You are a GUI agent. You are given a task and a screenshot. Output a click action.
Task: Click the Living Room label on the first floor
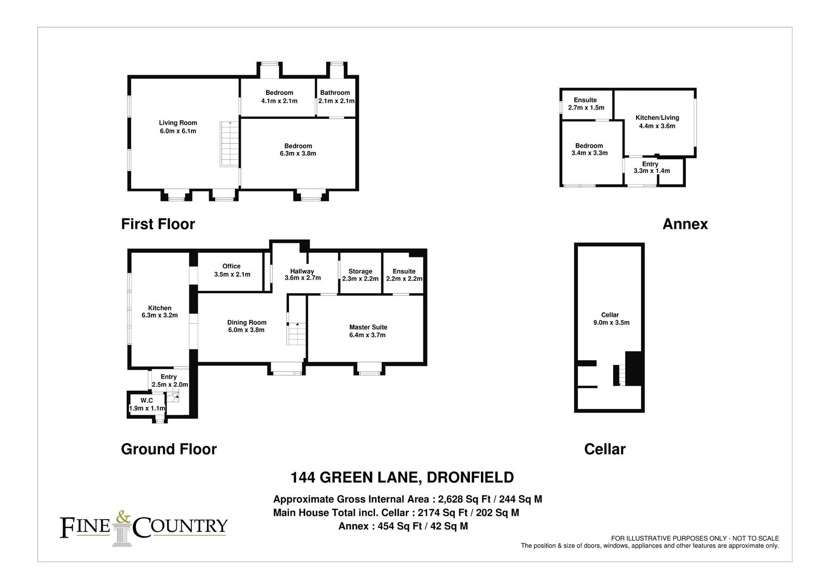coord(178,127)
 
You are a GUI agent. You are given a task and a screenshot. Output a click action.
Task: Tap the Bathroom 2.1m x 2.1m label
coord(336,97)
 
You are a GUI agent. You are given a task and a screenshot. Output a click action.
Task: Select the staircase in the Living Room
coord(229,144)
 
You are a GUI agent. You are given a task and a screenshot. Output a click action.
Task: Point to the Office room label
coord(232,270)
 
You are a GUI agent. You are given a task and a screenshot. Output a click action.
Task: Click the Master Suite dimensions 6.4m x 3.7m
coord(367,335)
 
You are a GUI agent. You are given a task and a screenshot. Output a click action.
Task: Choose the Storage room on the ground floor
coord(360,275)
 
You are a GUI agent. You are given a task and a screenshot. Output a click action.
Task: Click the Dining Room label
coord(246,326)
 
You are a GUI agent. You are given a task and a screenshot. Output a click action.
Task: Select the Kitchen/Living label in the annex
coord(657,121)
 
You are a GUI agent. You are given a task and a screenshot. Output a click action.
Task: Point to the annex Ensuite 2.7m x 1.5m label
coord(586,104)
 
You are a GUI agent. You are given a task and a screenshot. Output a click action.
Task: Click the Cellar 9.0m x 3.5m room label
coord(611,319)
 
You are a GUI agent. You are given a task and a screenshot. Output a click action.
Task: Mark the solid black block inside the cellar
coord(634,368)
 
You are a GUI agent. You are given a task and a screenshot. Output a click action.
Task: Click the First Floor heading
coord(158,224)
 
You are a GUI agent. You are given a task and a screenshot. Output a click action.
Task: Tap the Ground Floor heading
coord(169,449)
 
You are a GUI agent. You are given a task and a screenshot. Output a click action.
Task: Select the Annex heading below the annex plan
coord(685,224)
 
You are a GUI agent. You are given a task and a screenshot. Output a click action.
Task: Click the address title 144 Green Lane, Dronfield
coord(402,477)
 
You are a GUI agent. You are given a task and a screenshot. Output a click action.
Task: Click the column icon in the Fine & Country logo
coord(122,535)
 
